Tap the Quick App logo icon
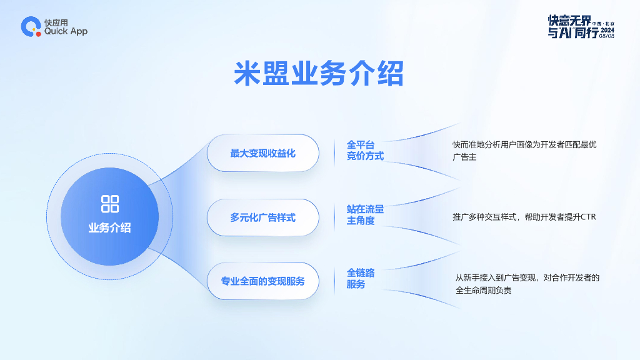(x=30, y=26)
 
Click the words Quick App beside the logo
(x=66, y=31)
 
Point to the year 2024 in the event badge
(x=607, y=29)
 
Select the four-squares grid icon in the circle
(x=110, y=203)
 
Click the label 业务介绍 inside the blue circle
(x=110, y=227)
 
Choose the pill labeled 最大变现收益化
(x=262, y=152)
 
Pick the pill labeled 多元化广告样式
(x=262, y=217)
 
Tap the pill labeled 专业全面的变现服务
(x=262, y=281)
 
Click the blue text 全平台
(x=361, y=144)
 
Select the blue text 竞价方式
(x=366, y=156)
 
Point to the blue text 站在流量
(x=366, y=209)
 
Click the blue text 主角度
(x=361, y=221)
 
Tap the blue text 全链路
(x=361, y=273)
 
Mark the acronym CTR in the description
(x=588, y=217)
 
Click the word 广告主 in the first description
(x=464, y=157)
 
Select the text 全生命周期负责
(x=484, y=290)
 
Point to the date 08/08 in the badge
(x=607, y=36)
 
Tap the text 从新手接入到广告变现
(x=497, y=277)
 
